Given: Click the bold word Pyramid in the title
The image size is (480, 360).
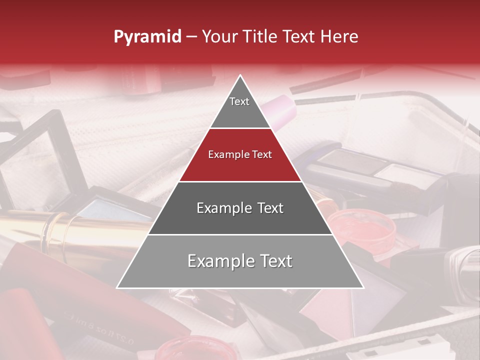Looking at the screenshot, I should click(x=147, y=37).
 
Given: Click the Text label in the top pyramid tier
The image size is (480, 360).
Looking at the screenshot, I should click(x=239, y=101).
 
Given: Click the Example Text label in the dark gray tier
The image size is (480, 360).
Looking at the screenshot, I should click(x=240, y=208).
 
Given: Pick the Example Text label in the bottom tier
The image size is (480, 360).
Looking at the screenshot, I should click(x=240, y=261).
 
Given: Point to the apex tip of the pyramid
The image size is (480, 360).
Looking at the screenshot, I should click(x=240, y=75).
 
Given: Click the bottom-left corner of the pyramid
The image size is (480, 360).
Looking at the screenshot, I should click(x=117, y=287).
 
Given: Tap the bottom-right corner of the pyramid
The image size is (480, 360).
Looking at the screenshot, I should click(x=363, y=287).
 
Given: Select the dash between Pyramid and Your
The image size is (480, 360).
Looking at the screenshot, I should click(x=191, y=37).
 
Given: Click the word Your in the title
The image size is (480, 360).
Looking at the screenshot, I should click(x=218, y=37).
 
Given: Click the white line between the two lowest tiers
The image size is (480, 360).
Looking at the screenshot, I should click(x=240, y=234).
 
